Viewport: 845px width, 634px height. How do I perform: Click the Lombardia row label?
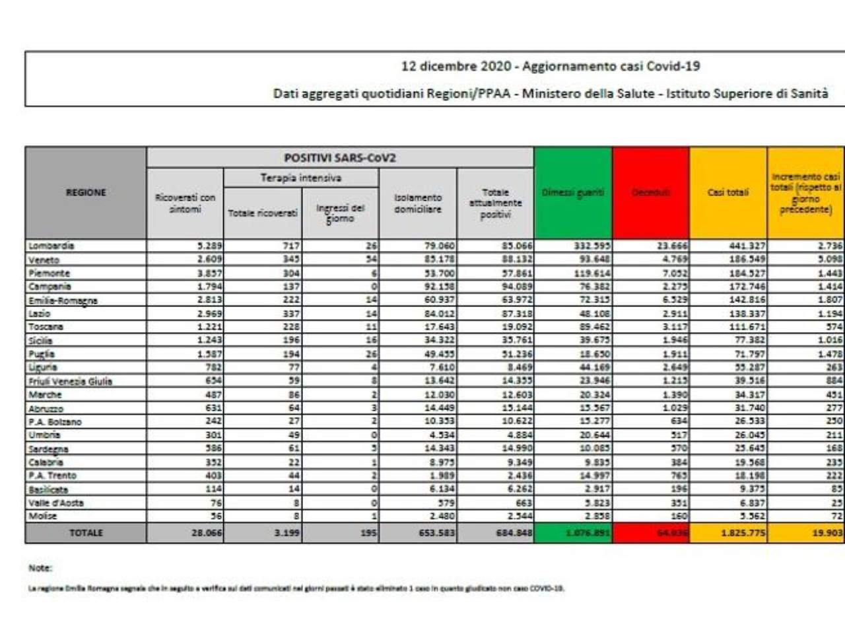tap(51, 246)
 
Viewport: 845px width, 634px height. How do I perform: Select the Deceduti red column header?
tap(651, 192)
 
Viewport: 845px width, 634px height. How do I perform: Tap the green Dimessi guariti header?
tap(573, 192)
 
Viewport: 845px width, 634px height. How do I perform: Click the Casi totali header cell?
tap(728, 192)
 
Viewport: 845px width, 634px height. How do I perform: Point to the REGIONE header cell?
tap(86, 192)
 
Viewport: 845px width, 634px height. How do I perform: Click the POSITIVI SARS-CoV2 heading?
tap(340, 158)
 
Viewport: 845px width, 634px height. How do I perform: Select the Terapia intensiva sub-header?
tap(301, 178)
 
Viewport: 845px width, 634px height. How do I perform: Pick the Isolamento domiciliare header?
tap(418, 203)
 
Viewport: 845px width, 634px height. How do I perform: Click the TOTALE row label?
tap(86, 533)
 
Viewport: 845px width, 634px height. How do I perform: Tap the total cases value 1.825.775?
tap(743, 533)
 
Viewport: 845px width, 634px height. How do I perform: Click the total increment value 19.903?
tap(827, 533)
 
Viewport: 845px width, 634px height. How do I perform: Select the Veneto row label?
tap(44, 260)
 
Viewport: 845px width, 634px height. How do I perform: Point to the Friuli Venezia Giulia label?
tap(71, 381)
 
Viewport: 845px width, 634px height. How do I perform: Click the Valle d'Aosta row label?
tap(56, 503)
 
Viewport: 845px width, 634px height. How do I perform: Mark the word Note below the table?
tap(40, 568)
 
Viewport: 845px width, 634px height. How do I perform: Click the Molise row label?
tap(42, 516)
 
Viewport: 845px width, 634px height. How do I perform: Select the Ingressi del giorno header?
tap(340, 213)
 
